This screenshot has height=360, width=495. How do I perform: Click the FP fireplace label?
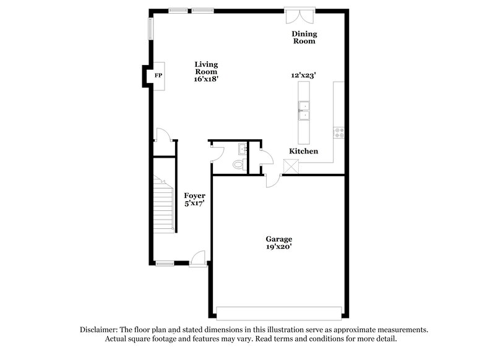coord(158,76)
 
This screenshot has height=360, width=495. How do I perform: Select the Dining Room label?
coord(304,37)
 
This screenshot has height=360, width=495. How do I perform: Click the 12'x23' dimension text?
coord(304,75)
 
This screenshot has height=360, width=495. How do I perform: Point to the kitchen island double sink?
coord(304,111)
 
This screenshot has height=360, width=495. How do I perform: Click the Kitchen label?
coord(304,152)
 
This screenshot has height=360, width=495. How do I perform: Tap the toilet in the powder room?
coord(236,165)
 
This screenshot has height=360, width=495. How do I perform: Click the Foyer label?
coord(194,195)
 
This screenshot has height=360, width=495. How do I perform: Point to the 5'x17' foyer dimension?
coord(194,204)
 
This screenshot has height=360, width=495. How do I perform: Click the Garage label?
coord(278,239)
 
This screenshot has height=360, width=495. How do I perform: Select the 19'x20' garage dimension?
coord(278,247)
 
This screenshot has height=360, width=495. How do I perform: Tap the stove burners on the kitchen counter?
coord(339,131)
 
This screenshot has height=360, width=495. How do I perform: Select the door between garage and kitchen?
coord(272,179)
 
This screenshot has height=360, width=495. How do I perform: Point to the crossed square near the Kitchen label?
coord(291,166)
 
